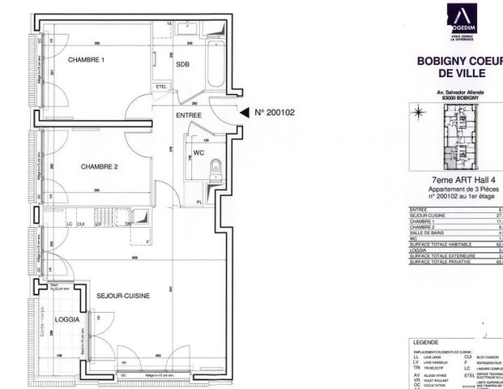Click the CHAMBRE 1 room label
(x=87, y=60)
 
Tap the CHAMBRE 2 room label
(x=100, y=167)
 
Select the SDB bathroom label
(x=181, y=66)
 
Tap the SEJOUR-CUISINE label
(x=124, y=296)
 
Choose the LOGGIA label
(x=67, y=319)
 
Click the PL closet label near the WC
(x=199, y=201)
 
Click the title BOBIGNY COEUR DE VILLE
(x=457, y=67)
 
